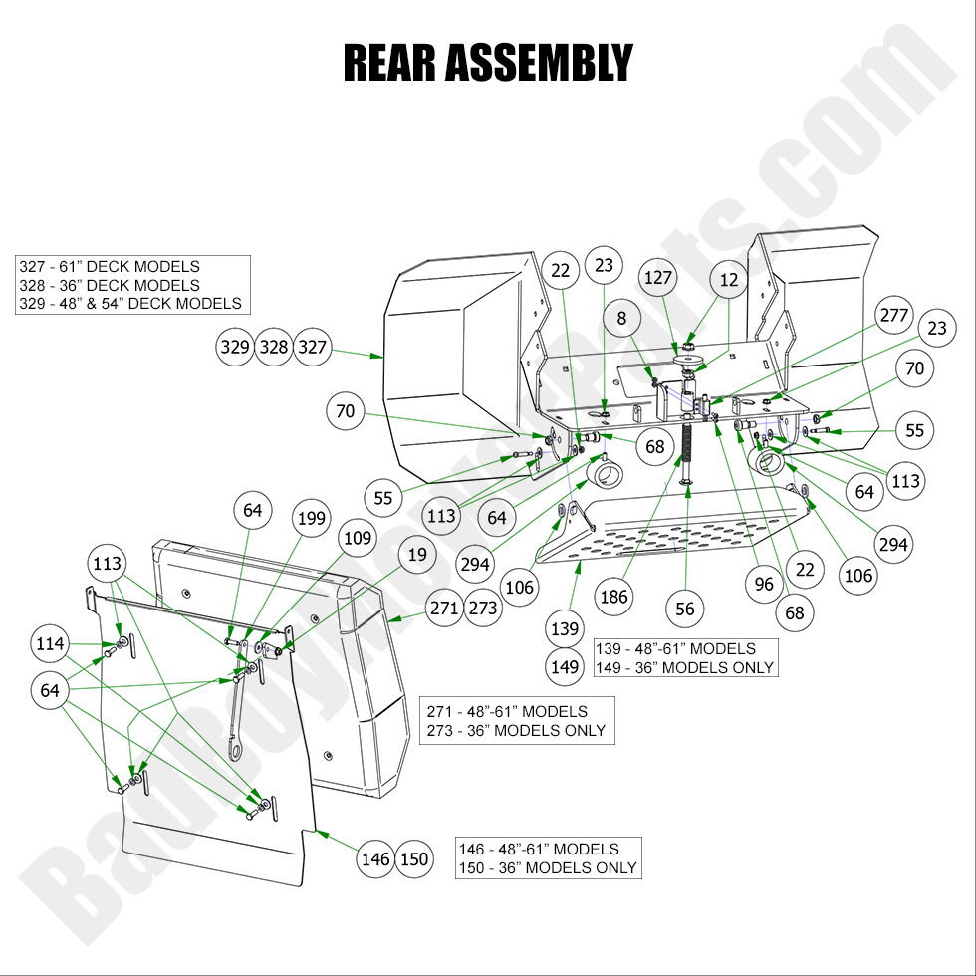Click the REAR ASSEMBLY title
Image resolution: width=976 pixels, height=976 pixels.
pos(487,62)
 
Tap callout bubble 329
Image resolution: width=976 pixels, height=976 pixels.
pos(235,348)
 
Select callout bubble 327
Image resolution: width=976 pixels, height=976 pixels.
pos(312,348)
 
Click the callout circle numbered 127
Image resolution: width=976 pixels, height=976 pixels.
pos(658,278)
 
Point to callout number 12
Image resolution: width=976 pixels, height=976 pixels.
pos(729,280)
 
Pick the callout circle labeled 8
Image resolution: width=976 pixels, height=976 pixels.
pos(622,319)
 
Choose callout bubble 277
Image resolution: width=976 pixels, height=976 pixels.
pos(893,316)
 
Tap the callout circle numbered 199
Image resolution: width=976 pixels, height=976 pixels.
pos(311,518)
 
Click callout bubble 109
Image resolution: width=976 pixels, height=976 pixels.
pos(357,539)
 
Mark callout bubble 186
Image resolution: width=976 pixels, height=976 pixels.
pos(614,598)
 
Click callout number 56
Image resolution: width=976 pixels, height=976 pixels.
pos(685,609)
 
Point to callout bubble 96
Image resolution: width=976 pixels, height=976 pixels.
pos(764,585)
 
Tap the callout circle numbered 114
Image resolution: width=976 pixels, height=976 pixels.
pos(49,644)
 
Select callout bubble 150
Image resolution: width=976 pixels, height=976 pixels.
pos(414,859)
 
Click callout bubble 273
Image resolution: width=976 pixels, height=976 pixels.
pos(483,608)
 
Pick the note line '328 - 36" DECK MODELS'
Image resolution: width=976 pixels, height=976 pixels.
pos(110,285)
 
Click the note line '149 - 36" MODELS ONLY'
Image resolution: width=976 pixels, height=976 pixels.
pos(684,667)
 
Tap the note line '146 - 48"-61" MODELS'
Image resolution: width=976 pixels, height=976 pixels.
pos(539,850)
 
